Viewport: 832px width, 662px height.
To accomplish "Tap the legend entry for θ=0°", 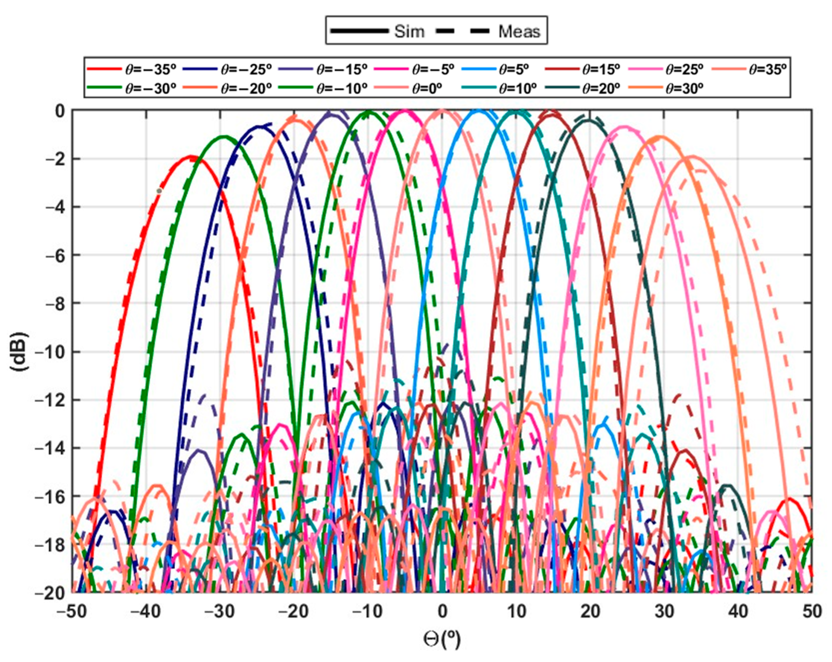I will click(x=426, y=88).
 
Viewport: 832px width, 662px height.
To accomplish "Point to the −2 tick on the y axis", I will click(x=55, y=159).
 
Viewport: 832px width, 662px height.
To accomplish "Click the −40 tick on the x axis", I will click(x=146, y=611).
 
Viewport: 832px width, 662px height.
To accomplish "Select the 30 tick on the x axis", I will click(x=664, y=611).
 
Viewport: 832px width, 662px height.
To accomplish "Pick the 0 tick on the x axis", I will click(x=442, y=611).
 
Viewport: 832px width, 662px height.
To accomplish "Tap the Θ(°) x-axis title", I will click(x=442, y=639).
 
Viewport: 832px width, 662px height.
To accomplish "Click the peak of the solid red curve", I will click(x=190, y=156).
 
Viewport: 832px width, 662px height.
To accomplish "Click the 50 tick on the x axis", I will click(x=812, y=611).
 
